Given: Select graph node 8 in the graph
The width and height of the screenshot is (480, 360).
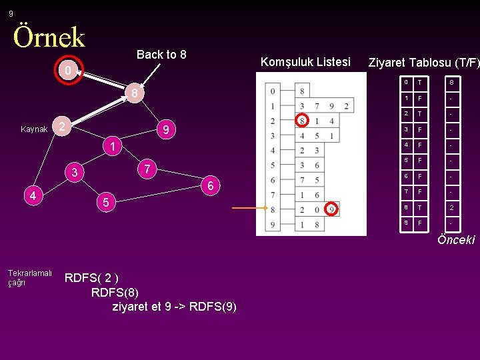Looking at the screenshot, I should coord(134,93).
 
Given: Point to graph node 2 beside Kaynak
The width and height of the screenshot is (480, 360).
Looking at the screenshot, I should coord(61,127).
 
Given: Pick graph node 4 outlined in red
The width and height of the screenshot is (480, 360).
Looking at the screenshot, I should coord(33,195).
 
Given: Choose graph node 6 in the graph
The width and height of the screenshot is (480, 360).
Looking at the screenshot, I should coord(210,186).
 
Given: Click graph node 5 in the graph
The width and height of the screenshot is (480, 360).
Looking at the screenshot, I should coord(103,201).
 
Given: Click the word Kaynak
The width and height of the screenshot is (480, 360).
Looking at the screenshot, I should coord(34,129).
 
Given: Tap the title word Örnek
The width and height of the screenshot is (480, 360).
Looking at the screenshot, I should coord(49,37).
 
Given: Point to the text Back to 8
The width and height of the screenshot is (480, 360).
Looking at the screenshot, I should coord(161,55).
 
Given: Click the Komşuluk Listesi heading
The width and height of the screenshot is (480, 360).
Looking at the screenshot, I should coord(305,62).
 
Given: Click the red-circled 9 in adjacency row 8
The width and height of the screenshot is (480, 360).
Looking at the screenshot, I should coord(332,210).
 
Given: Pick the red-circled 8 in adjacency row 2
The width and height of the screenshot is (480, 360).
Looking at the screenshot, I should coord(302,121).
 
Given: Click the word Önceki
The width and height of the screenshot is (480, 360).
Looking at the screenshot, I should coord(456,240).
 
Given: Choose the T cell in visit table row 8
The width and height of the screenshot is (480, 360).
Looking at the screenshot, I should coord(419,207).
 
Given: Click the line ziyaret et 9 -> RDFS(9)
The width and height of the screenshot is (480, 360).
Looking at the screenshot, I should coord(175,307).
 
